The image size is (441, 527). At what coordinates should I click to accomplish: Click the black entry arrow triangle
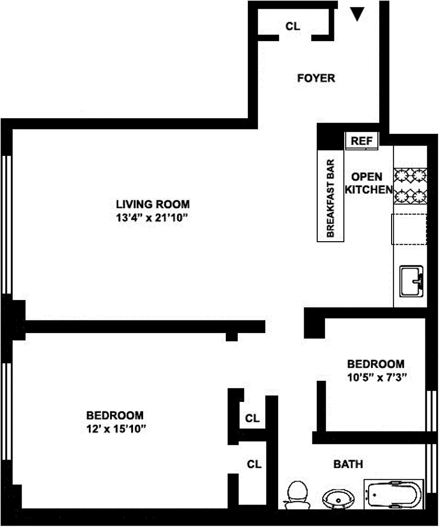click(x=357, y=14)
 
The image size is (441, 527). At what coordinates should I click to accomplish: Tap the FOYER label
click(x=316, y=78)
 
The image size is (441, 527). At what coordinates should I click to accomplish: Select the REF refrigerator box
click(x=362, y=141)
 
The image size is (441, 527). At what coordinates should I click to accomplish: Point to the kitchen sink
click(x=411, y=281)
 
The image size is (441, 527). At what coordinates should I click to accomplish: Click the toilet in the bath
click(x=297, y=495)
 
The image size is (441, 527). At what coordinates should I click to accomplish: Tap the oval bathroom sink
click(x=338, y=499)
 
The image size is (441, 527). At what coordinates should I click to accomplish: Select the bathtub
click(x=394, y=494)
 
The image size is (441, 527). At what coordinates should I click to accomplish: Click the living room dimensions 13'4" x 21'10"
click(x=152, y=218)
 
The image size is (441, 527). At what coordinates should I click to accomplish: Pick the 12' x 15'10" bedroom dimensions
click(x=116, y=429)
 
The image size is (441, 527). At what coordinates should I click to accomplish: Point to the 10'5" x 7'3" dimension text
click(x=377, y=378)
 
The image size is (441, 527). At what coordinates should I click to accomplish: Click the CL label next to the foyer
click(x=293, y=26)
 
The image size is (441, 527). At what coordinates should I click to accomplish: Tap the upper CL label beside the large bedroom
click(x=252, y=419)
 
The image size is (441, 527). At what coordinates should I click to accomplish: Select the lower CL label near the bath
click(x=254, y=464)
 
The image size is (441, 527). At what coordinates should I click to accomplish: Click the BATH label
click(x=348, y=464)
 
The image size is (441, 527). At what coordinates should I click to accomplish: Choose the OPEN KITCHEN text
click(x=368, y=183)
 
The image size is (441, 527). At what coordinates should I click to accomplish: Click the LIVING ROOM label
click(x=153, y=204)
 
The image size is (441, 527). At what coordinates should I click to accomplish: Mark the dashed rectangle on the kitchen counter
click(x=409, y=229)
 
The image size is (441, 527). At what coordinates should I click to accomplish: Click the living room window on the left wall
click(x=7, y=225)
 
